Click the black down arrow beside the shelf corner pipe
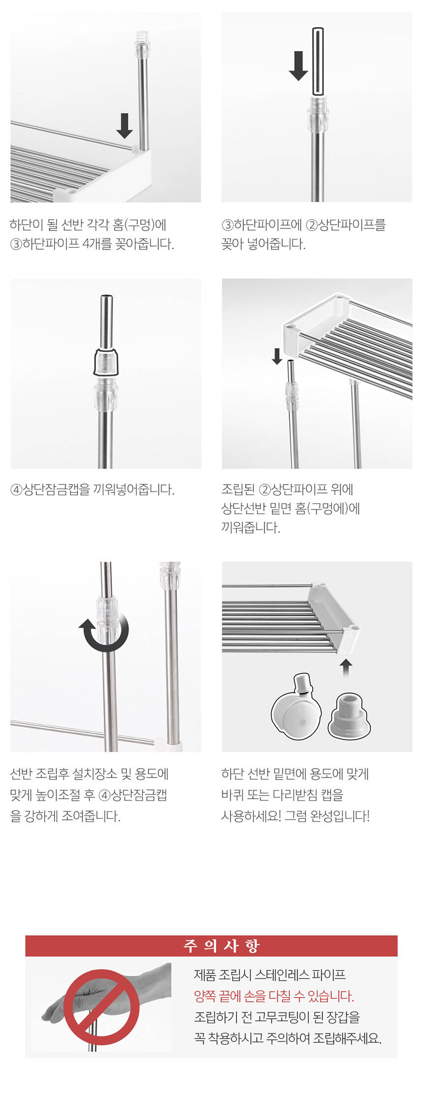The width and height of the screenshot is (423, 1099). [x=124, y=126]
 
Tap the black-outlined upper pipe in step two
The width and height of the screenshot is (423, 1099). [x=318, y=61]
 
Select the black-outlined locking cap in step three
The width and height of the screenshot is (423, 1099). [x=106, y=362]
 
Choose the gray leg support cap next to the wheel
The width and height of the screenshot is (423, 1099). [x=349, y=715]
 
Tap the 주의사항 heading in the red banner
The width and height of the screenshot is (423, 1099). [x=221, y=946]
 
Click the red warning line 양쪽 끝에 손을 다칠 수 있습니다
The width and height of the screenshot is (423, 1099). [x=274, y=996]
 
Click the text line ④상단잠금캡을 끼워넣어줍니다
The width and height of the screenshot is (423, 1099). [x=92, y=490]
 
